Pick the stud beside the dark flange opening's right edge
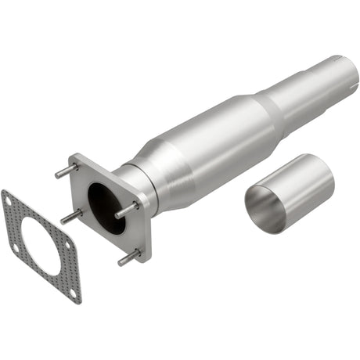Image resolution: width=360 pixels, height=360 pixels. tap(127, 210)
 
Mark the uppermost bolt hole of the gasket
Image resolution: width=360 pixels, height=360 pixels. tap(8, 200)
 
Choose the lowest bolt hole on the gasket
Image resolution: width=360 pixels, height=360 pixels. tap(73, 294)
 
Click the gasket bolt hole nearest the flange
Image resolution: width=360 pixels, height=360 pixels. tap(68, 243)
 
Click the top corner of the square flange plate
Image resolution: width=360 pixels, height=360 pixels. tap(76, 157)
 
